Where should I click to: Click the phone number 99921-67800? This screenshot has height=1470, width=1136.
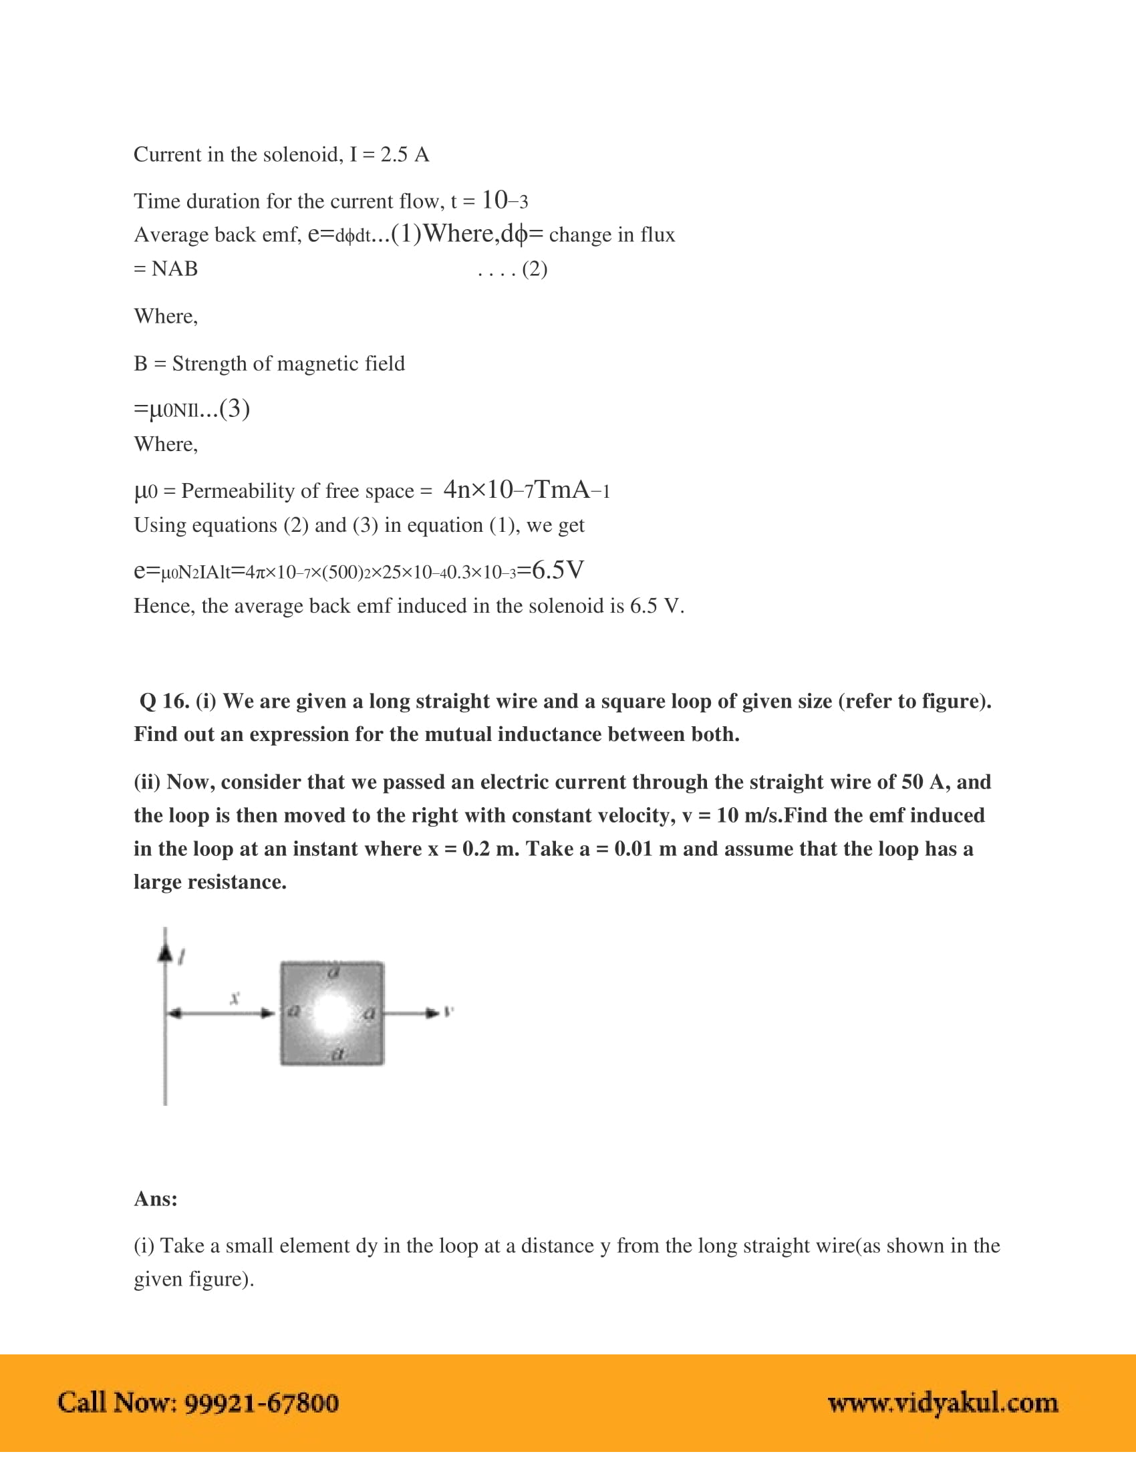click(261, 1403)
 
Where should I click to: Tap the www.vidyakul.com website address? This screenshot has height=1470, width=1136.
click(943, 1403)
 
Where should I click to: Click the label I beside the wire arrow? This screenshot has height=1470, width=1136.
click(182, 955)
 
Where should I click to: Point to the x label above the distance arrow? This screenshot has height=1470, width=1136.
click(235, 998)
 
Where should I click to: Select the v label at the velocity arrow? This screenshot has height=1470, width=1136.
click(450, 1011)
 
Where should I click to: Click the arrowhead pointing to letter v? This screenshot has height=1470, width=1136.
click(432, 1012)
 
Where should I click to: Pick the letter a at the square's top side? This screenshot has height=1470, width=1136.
click(333, 971)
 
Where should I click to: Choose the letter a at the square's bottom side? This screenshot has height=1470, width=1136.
click(339, 1054)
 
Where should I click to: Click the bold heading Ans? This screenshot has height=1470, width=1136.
click(156, 1199)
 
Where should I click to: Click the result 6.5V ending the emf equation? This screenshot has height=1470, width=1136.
click(558, 571)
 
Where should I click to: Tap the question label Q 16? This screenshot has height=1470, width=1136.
click(164, 702)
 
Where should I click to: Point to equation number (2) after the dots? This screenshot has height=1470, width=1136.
click(535, 269)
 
